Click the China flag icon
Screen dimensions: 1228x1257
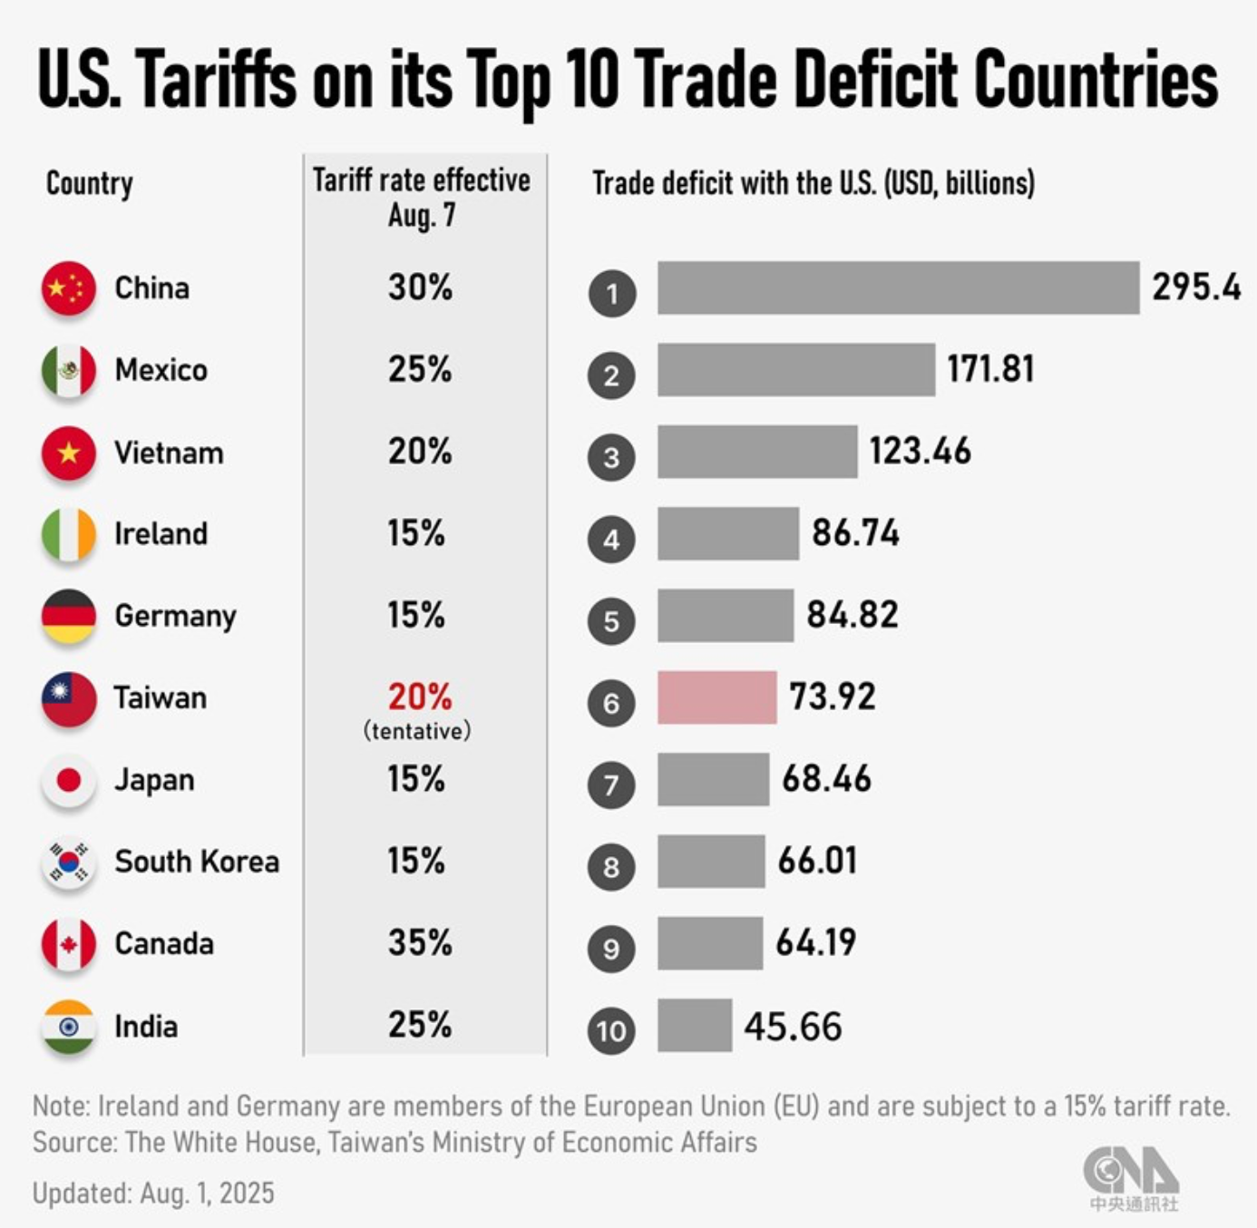(x=69, y=288)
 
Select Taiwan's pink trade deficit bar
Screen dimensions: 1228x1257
(x=716, y=697)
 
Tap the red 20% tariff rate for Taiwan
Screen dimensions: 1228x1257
(x=420, y=697)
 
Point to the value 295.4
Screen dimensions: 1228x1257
(x=1196, y=287)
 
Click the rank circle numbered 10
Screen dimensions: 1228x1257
(x=611, y=1030)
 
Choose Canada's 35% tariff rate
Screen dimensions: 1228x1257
(x=420, y=943)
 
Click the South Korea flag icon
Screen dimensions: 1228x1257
(x=69, y=862)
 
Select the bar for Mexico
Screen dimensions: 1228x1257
(x=795, y=369)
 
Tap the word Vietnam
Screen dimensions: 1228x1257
(x=169, y=452)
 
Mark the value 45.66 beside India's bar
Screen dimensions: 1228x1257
(x=793, y=1026)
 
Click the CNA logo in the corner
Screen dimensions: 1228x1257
(x=1131, y=1177)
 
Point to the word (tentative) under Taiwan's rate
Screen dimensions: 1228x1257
(x=417, y=731)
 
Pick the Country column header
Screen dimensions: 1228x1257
(x=90, y=183)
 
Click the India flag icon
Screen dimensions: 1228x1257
(x=69, y=1027)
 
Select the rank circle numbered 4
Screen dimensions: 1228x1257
(x=611, y=539)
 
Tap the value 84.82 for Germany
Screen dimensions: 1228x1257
(x=853, y=615)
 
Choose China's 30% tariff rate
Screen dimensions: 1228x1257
(x=420, y=288)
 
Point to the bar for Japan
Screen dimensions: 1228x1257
(x=713, y=779)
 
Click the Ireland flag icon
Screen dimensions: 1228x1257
(x=69, y=534)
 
